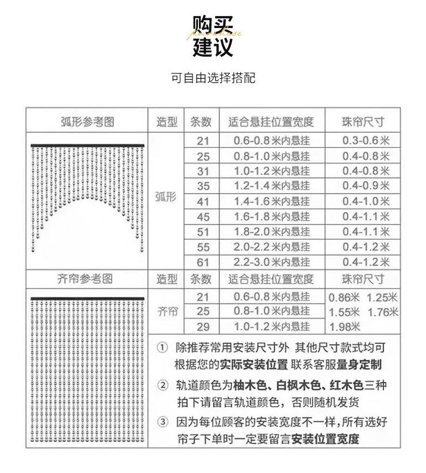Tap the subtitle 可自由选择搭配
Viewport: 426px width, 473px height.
tap(213, 78)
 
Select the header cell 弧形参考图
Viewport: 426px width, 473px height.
tap(87, 122)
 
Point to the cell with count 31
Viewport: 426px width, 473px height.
tap(203, 171)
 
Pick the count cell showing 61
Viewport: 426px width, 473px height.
tap(203, 262)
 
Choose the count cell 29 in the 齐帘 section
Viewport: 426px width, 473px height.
tap(203, 326)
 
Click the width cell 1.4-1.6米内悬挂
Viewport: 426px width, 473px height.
tap(272, 202)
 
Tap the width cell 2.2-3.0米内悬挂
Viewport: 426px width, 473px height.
tap(272, 262)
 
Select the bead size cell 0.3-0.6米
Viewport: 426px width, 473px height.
tap(366, 141)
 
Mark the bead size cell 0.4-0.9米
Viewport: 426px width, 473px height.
tap(366, 186)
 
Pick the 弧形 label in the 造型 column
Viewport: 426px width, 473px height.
tap(166, 197)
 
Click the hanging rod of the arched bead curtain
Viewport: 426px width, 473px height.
tap(87, 146)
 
